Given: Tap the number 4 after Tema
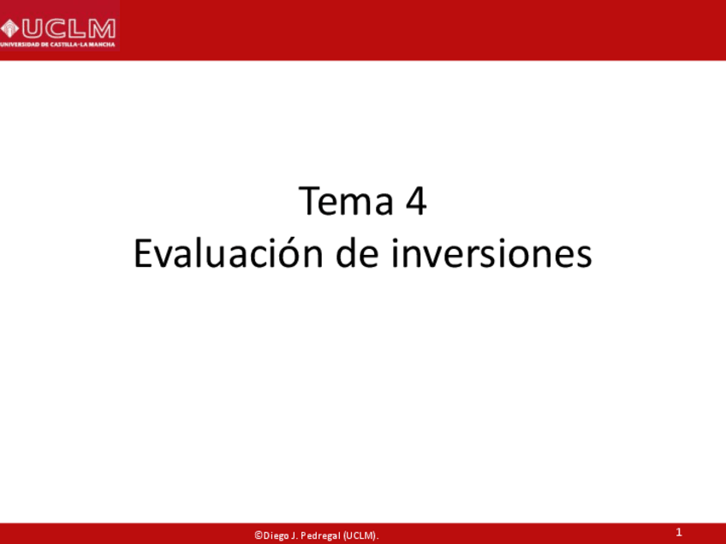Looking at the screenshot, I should point(415,203).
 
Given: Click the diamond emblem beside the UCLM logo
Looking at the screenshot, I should point(9,28).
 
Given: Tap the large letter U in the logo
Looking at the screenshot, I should point(31,28).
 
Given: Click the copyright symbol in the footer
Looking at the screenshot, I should point(258,535).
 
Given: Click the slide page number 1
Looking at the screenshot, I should point(679,533).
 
